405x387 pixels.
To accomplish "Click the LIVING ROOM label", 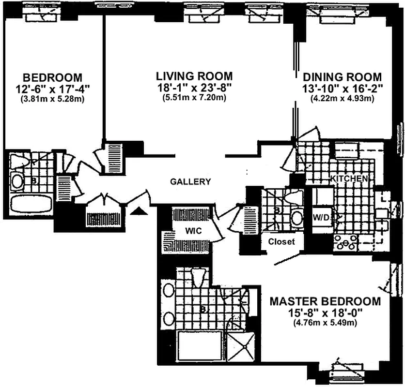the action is click(194, 76).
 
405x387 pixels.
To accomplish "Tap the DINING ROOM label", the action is click(342, 77).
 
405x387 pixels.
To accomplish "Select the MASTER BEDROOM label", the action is click(325, 301).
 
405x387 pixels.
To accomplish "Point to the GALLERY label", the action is click(190, 181).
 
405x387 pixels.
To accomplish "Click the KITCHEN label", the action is click(349, 179).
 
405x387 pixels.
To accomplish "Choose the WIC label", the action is click(193, 231).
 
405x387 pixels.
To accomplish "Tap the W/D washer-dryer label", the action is click(321, 218).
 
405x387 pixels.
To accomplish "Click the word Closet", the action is click(281, 242).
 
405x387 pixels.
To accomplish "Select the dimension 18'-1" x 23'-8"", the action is click(194, 88).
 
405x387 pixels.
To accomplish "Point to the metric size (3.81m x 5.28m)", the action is click(53, 99).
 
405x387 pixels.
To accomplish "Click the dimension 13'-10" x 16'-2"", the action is click(342, 89).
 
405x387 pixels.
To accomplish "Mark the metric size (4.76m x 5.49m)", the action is click(325, 323).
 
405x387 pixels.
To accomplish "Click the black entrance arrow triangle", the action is click(139, 211).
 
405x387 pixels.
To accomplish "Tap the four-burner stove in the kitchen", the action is click(345, 242).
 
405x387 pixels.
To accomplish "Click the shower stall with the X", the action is click(241, 347).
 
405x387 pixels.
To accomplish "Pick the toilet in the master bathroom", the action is click(198, 278).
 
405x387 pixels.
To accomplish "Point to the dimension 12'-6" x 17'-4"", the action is click(53, 89).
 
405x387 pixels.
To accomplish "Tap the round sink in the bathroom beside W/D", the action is click(297, 219).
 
